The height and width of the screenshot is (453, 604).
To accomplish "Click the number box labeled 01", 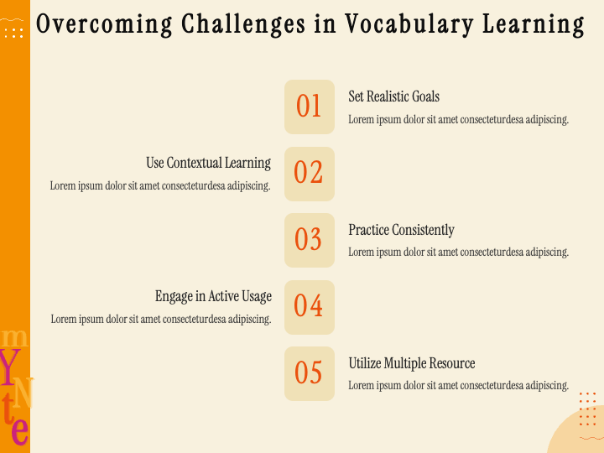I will tap(310, 107).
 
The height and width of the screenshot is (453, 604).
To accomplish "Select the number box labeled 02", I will tap(310, 174).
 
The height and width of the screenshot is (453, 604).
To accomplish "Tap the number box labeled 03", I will tap(310, 240).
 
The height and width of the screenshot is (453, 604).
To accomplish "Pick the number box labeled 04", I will tap(310, 307).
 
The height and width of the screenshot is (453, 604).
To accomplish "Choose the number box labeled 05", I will tap(310, 373).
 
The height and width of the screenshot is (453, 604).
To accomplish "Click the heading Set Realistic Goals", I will tap(393, 96).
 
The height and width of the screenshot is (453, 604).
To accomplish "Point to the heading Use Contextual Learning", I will tap(208, 163).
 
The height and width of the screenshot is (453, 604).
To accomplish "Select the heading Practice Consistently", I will tap(401, 230).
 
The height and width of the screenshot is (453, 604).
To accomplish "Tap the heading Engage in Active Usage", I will tap(213, 296).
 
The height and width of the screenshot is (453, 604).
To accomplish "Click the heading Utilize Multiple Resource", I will tap(411, 363).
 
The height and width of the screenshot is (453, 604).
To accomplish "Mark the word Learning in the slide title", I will tap(534, 24).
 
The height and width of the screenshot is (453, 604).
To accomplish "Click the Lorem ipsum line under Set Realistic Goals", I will tap(458, 119).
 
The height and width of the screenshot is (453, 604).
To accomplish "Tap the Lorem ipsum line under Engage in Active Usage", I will tap(161, 319).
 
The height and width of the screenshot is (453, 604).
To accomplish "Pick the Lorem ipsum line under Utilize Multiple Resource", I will tap(458, 386).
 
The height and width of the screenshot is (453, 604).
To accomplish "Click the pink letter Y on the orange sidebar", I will tap(9, 365).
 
